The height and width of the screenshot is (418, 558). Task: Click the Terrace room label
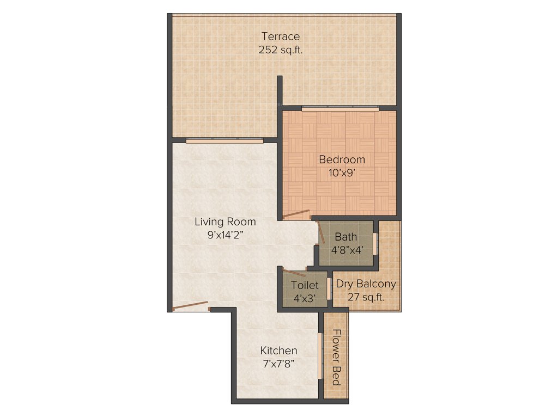[280, 36]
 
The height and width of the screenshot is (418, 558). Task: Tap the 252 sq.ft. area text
[280, 50]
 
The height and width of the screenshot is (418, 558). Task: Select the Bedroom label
[342, 159]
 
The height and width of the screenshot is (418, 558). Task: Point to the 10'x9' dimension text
[342, 173]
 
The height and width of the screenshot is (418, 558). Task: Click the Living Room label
[225, 222]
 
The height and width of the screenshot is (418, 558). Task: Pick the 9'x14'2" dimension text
[225, 236]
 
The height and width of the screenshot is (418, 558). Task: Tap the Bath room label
[346, 237]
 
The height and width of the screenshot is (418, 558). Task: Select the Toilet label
[305, 285]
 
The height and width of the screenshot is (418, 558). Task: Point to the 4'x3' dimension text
[304, 298]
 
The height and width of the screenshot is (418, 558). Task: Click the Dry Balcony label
[366, 284]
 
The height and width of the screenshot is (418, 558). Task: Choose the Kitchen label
[278, 351]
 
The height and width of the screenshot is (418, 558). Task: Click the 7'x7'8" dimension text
[278, 364]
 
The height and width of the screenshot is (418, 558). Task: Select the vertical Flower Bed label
[336, 357]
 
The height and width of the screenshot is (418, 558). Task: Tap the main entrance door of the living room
[190, 305]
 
